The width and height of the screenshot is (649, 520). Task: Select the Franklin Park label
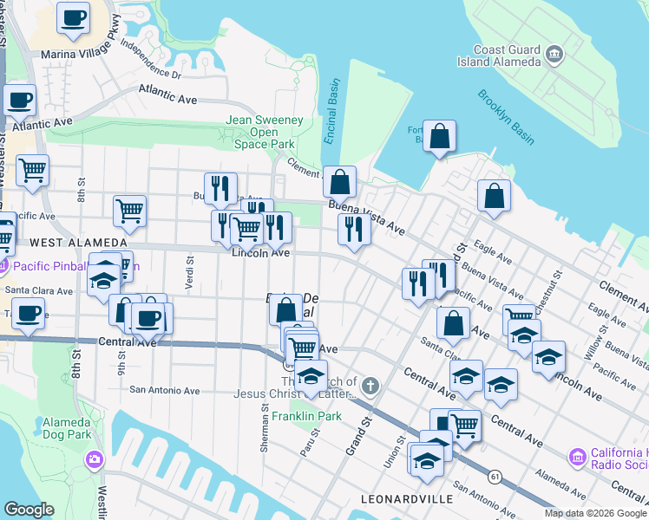[x=297, y=417]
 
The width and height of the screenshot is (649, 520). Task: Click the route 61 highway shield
[x=495, y=477]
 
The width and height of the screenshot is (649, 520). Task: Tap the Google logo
[x=29, y=510]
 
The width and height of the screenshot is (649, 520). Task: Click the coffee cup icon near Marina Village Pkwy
[x=73, y=16]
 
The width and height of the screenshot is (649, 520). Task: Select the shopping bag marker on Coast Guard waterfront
[x=439, y=136]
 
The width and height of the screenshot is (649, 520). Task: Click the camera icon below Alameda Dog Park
[x=94, y=458]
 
